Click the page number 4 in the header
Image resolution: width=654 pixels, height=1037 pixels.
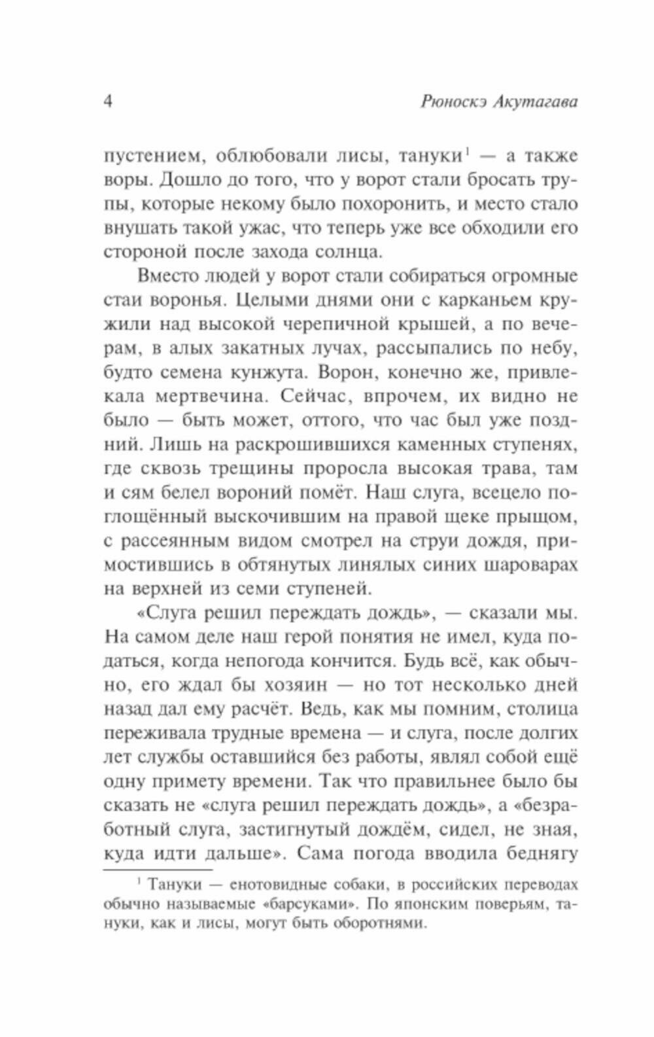[x=109, y=102]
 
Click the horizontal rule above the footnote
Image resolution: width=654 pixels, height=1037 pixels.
[x=158, y=870]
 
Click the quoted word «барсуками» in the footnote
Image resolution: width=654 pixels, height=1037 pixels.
[x=314, y=905]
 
